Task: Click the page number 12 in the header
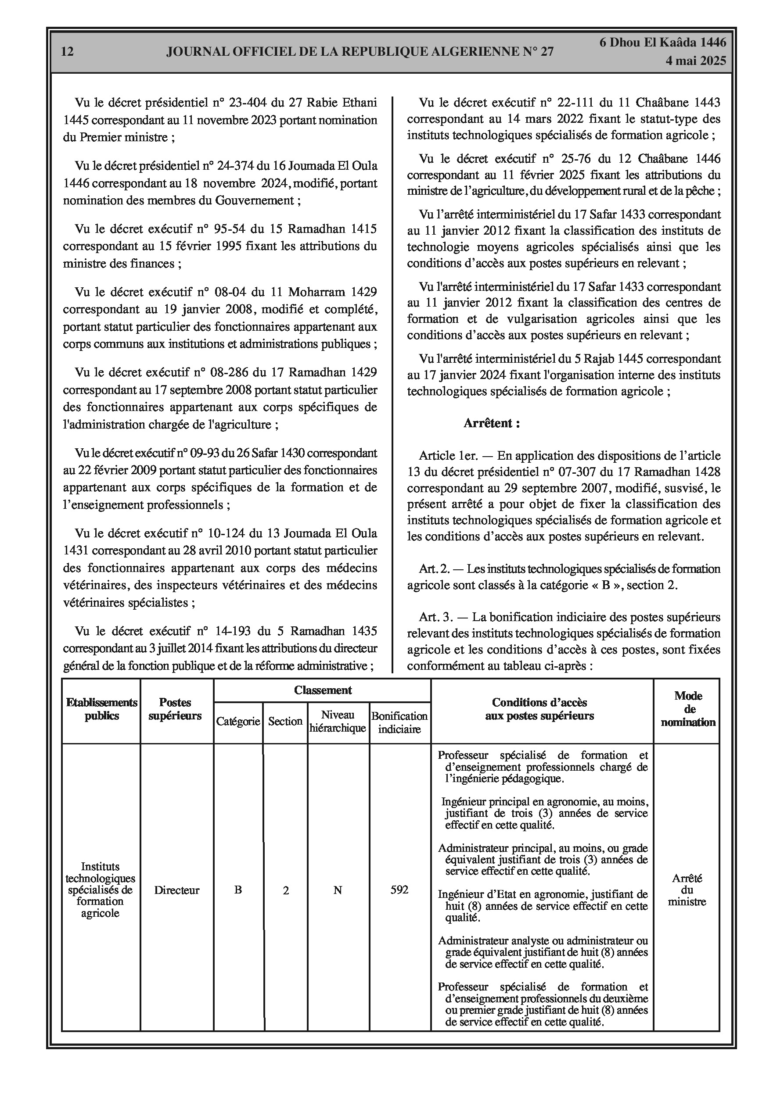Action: pos(68,52)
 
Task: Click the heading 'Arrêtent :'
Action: pos(492,424)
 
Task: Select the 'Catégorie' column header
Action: pos(238,722)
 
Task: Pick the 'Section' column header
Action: pos(285,722)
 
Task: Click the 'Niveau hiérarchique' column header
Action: pos(338,722)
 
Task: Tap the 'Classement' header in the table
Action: pos(323,690)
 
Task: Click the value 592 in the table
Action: pos(399,890)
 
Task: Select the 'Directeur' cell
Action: pos(177,890)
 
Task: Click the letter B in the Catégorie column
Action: pos(238,890)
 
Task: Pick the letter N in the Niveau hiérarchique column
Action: pos(338,890)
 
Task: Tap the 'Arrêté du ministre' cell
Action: pos(687,890)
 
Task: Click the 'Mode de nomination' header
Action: pos(688,709)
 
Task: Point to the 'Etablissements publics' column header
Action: pos(101,709)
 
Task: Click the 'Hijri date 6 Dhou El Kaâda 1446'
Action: pos(663,43)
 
